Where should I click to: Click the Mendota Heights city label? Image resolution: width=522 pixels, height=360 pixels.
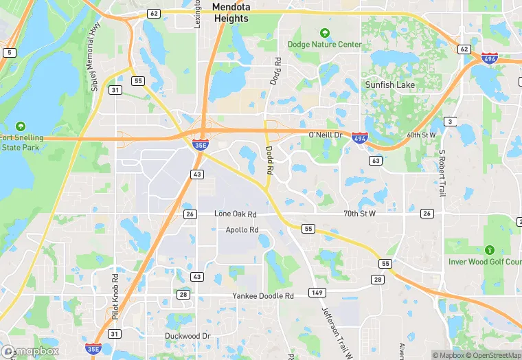pyautogui.click(x=230, y=13)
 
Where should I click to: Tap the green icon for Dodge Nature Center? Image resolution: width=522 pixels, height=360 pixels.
pyautogui.click(x=325, y=32)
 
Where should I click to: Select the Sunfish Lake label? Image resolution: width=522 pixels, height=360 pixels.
pyautogui.click(x=389, y=85)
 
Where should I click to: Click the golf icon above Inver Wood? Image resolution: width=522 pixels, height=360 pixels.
pyautogui.click(x=489, y=250)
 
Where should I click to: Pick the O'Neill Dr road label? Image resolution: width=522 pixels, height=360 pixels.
pyautogui.click(x=325, y=135)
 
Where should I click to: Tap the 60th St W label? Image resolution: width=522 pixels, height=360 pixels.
pyautogui.click(x=421, y=135)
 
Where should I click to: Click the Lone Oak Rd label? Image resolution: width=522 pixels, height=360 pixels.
pyautogui.click(x=235, y=214)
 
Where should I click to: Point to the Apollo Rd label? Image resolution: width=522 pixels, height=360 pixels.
pyautogui.click(x=242, y=229)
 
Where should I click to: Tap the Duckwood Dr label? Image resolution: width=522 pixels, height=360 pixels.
pyautogui.click(x=188, y=336)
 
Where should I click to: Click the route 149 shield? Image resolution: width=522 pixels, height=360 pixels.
pyautogui.click(x=317, y=293)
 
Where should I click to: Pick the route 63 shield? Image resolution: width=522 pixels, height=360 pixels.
pyautogui.click(x=375, y=161)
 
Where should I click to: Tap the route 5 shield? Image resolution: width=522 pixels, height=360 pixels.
pyautogui.click(x=9, y=52)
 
